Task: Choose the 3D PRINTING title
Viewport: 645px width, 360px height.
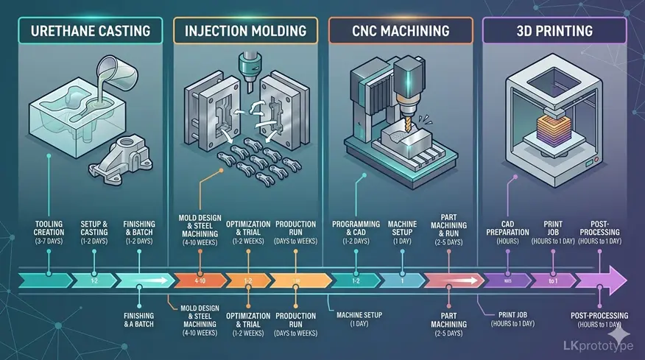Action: (554, 32)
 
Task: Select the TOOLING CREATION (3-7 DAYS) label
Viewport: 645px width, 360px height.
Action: (49, 232)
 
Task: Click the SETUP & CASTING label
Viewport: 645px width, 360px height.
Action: (94, 232)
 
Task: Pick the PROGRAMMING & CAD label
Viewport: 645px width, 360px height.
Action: (355, 232)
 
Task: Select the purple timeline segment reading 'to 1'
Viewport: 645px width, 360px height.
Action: (553, 280)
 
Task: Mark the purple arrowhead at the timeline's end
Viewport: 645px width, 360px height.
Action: (614, 280)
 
